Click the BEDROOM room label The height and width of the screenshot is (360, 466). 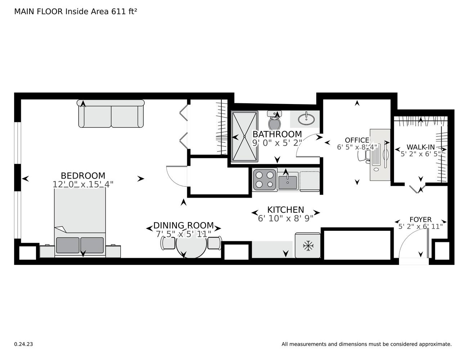coord(83,176)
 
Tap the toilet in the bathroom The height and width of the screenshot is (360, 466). coord(275,121)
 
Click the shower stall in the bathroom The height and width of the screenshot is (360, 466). coord(245,136)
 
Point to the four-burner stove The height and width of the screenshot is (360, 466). coord(265,180)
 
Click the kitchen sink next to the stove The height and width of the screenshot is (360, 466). coord(287,180)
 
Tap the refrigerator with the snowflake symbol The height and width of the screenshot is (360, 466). coord(308,246)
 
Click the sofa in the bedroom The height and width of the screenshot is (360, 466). coord(111,114)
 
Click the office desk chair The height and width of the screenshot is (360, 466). coord(364,155)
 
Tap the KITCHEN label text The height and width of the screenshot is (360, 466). coord(286,210)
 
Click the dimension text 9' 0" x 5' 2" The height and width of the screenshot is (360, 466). coord(277,143)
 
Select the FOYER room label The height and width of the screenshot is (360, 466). coord(420,220)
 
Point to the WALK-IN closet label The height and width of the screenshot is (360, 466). coord(421,147)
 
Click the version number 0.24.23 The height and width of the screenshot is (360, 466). coord(23,344)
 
